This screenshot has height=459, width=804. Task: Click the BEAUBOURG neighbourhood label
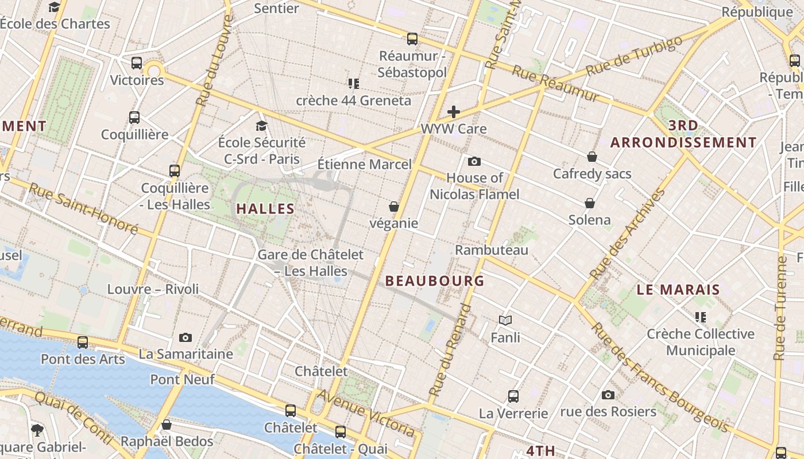pos(435,281)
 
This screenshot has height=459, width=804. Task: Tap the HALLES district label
pos(265,209)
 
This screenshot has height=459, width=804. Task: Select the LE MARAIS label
pos(678,290)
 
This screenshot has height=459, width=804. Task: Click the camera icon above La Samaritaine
pos(185,337)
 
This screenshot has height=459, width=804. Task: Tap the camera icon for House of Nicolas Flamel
pos(474,161)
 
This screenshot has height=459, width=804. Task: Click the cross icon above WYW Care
pos(454,111)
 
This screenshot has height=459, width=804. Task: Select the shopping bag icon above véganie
pos(394,207)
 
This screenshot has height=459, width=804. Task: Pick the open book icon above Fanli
pos(505,320)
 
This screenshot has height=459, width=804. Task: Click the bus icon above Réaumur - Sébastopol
pos(412,39)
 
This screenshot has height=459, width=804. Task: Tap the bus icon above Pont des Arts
pos(83,343)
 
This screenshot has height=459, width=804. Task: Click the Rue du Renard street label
pos(450,350)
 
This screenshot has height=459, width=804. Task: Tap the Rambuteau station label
pos(491,250)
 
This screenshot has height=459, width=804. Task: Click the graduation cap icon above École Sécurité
pos(262,126)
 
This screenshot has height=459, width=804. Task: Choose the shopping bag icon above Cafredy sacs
pos(592,157)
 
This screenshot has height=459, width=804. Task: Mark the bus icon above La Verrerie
pos(513,396)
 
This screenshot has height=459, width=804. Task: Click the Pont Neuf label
pos(182,379)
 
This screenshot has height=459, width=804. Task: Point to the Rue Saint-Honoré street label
pos(83,208)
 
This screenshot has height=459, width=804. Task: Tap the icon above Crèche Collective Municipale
pos(701,317)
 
